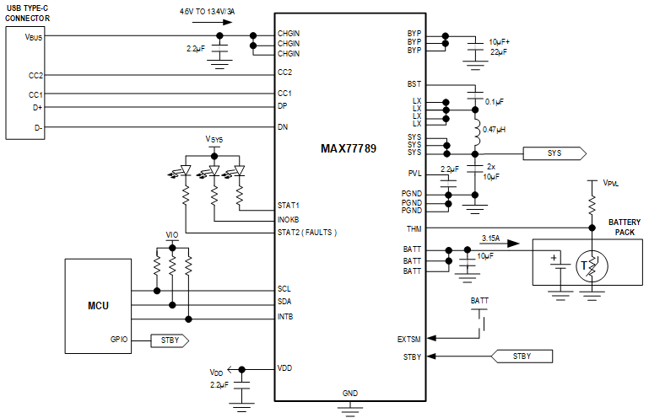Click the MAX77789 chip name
pos(348,148)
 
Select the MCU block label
pos(97,305)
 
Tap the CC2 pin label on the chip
pos(284,72)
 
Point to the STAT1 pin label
pos(289,205)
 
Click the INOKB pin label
pos(289,219)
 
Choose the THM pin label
pos(413,228)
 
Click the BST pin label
pos(414,85)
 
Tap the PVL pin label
pos(414,174)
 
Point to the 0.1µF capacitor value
pos(494,101)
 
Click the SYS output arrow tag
pos(554,153)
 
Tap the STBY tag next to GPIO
pos(170,341)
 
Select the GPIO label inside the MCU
pos(118,341)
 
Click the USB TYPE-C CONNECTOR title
pos(28,13)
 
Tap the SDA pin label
pos(285,303)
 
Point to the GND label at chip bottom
pos(349,393)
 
